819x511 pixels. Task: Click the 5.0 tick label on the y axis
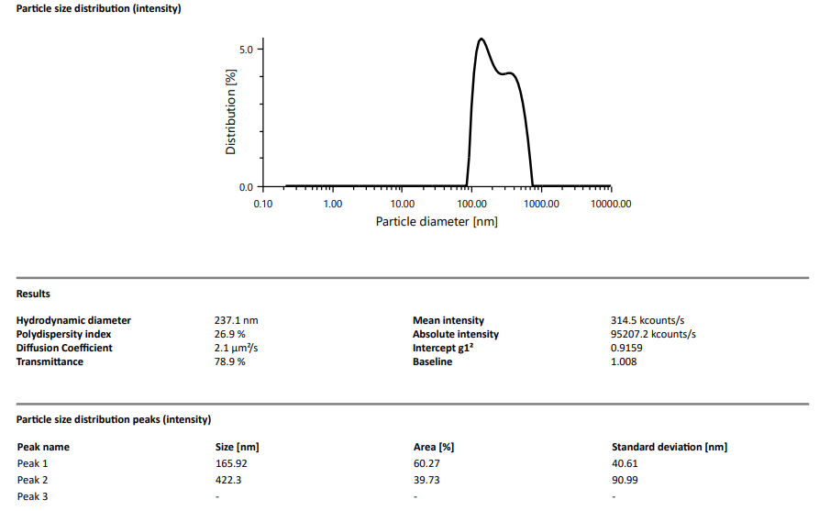(x=246, y=49)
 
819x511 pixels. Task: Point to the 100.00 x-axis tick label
(x=471, y=205)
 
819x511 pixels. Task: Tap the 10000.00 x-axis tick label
(x=610, y=205)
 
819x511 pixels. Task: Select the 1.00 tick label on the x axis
(x=332, y=205)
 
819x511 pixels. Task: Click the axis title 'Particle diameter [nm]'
(x=437, y=222)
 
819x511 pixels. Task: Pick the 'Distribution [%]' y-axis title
(x=231, y=111)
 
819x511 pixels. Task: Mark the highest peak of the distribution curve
(x=481, y=39)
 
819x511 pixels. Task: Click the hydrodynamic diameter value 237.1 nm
(x=236, y=320)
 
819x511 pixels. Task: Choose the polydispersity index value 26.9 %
(x=229, y=334)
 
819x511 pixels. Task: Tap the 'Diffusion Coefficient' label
(x=64, y=348)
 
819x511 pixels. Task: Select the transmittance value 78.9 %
(x=229, y=361)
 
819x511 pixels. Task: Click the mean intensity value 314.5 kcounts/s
(x=647, y=320)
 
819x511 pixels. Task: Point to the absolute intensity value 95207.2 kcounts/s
(x=653, y=334)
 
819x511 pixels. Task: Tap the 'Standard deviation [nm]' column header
(x=670, y=447)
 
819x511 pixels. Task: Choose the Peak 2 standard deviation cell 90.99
(x=625, y=480)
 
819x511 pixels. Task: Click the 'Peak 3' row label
(x=32, y=496)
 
